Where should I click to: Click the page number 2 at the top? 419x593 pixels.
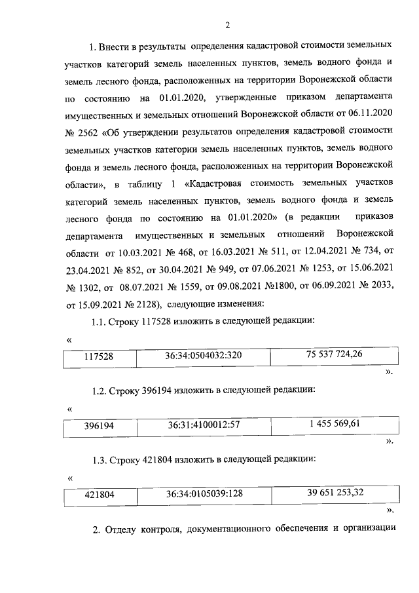(227, 25)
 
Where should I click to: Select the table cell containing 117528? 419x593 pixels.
(100, 358)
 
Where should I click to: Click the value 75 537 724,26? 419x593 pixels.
(334, 354)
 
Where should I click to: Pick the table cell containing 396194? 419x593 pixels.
(100, 426)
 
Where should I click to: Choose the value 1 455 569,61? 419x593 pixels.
(334, 423)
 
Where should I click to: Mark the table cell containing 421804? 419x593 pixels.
(100, 495)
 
